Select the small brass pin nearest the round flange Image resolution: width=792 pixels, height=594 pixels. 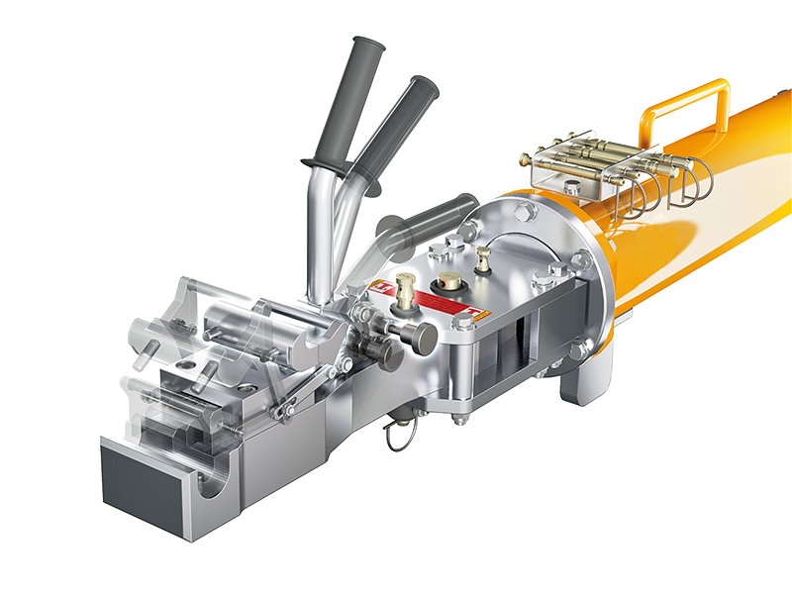pos(482,260)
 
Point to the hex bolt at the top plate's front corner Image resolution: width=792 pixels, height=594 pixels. pos(461,321)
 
